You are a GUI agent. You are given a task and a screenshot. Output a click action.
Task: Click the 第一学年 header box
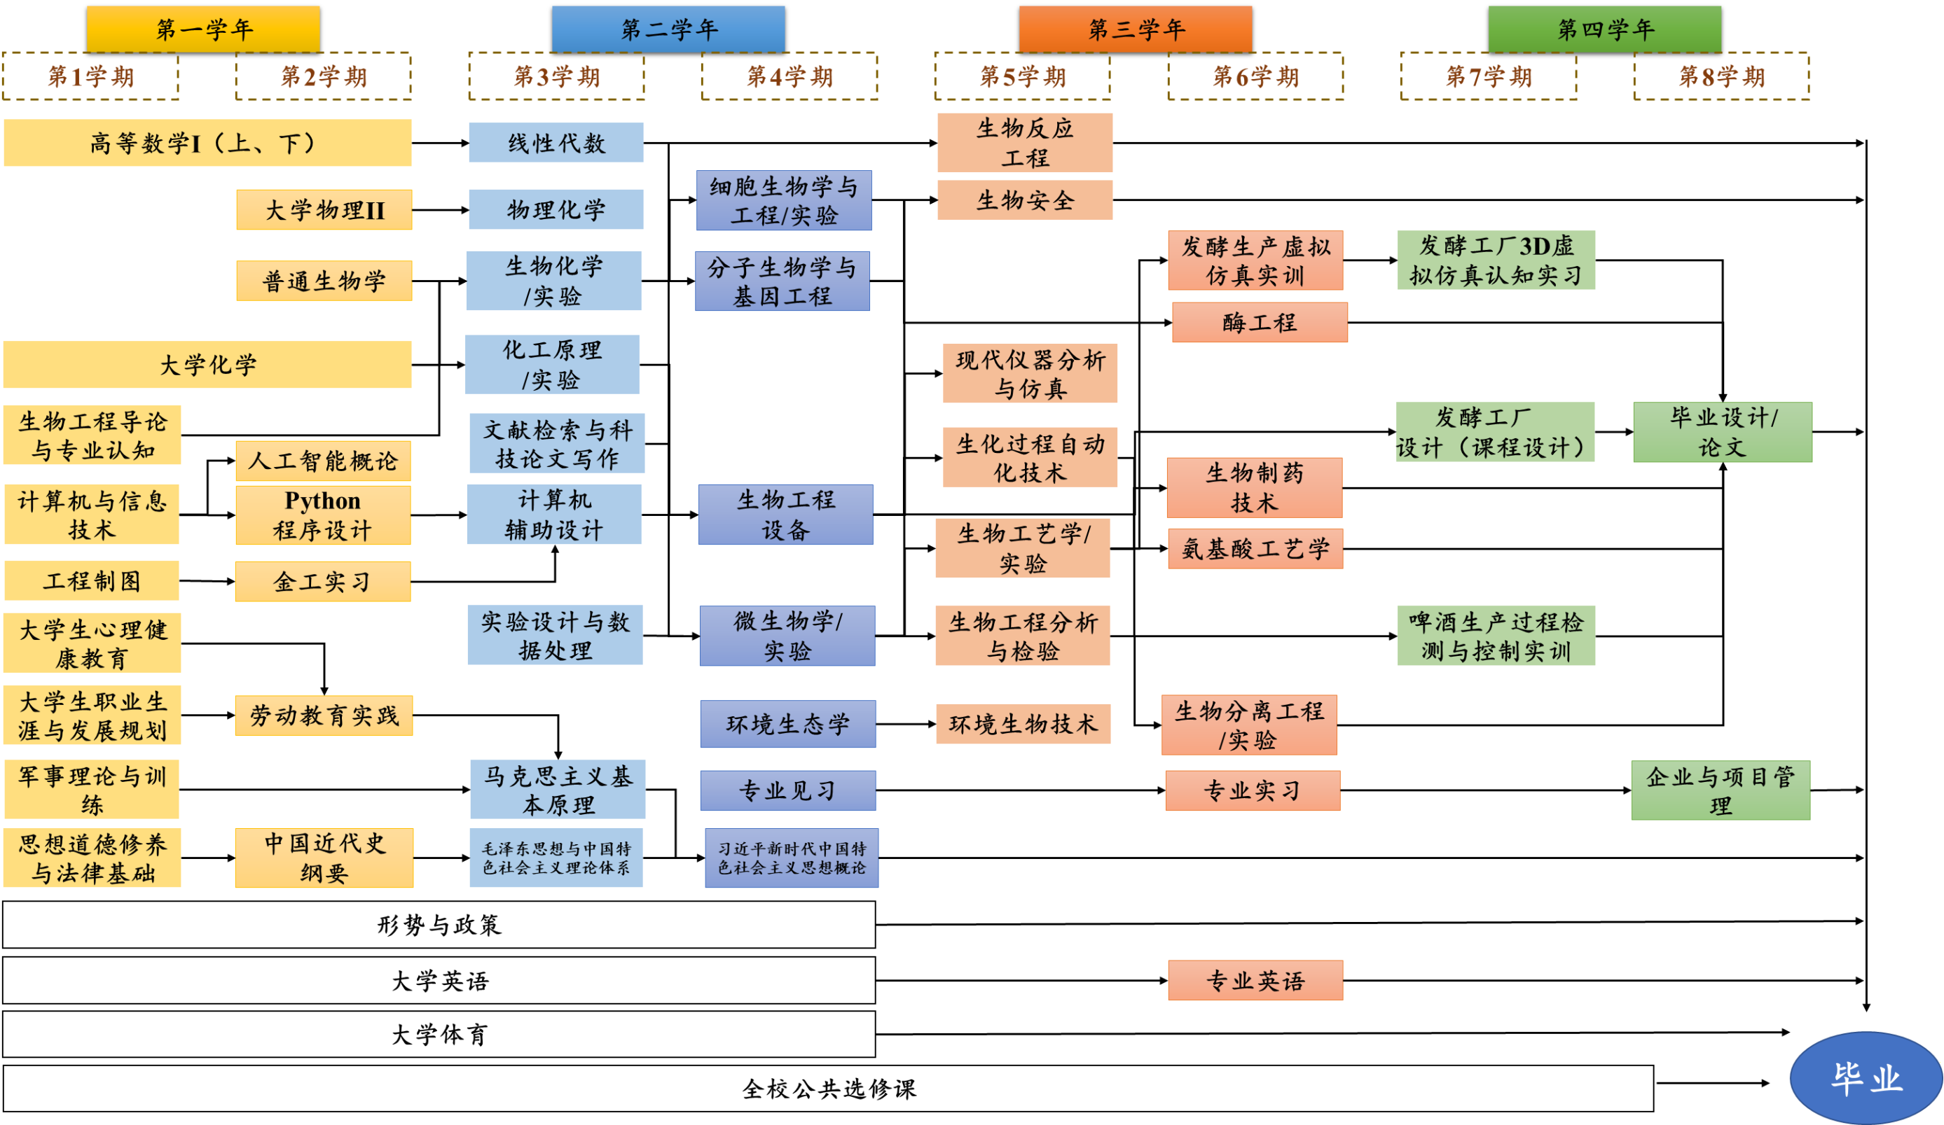coord(203,29)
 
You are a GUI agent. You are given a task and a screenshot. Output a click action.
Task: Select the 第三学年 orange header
coord(1135,29)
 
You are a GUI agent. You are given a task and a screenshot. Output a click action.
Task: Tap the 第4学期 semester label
coord(790,76)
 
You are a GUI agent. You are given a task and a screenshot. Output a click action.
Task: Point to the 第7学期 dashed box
coord(1488,76)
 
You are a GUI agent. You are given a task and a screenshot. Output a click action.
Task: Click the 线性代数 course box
coord(556,143)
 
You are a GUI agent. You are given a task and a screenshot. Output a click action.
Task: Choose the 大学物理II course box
coord(324,210)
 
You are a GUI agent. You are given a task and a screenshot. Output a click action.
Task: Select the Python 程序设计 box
coord(322,515)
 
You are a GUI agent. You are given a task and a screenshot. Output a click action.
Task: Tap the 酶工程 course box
coord(1259,322)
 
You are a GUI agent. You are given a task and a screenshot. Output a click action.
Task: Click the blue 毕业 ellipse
coord(1866,1078)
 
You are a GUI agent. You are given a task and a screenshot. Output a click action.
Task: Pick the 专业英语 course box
coord(1255,980)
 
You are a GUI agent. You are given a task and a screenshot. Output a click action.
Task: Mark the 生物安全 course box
coord(1024,200)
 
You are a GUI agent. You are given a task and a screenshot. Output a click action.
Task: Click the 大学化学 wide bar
coord(207,365)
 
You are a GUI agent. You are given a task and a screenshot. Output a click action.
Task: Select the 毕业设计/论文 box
coord(1722,432)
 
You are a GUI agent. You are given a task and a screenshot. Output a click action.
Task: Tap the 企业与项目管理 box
coord(1721,790)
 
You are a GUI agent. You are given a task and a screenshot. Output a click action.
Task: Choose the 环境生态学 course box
coord(787,724)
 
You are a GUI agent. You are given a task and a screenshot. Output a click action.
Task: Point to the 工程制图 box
coord(92,580)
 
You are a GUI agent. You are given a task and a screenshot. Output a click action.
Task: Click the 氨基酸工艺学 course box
coord(1255,549)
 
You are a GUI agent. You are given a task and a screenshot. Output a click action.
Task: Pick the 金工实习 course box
coord(322,581)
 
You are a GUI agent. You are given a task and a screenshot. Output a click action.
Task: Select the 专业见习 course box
coord(787,790)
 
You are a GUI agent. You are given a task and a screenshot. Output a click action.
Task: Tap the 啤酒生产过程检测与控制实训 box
coord(1496,636)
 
